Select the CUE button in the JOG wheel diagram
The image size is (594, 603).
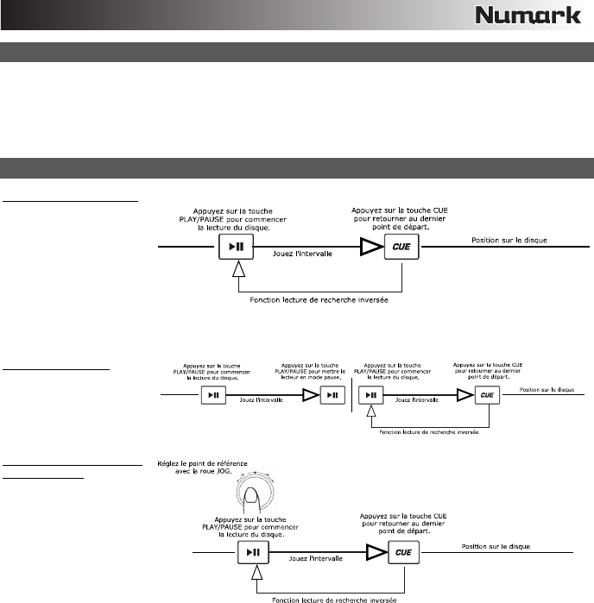401,552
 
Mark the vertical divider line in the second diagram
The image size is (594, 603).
352,395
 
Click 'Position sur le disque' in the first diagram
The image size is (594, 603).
509,240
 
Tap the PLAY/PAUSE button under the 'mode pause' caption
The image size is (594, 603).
332,394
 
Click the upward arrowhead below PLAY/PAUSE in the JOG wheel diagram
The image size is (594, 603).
256,574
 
